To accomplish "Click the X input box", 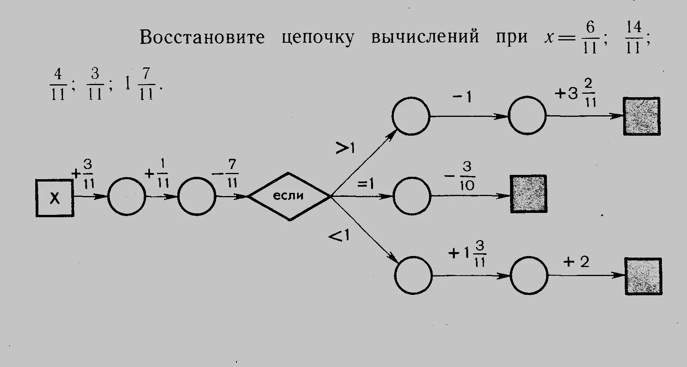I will point(55,198).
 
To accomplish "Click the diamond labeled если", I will point(289,196).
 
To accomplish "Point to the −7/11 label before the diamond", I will point(226,174).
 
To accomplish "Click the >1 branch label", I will point(345,148).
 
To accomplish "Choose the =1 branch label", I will point(365,183).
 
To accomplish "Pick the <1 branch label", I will point(339,236).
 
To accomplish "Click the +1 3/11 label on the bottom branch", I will point(468,254).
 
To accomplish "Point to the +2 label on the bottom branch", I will point(576,262).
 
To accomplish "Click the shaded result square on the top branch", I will point(642,116).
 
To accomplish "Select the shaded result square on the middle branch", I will point(528,194).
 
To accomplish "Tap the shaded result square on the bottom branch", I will point(643,276).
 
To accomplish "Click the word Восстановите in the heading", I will point(202,37).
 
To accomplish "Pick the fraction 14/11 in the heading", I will point(633,37).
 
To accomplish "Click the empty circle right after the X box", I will point(126,196).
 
